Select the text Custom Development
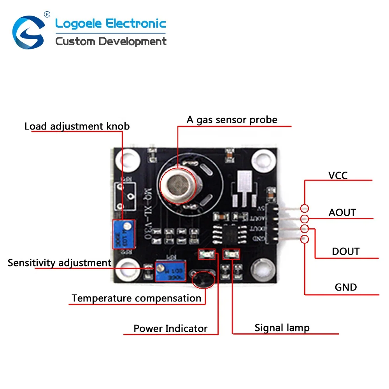point(111,41)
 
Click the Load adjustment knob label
point(77,126)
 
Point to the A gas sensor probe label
point(232,119)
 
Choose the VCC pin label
point(338,175)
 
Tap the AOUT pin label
point(342,212)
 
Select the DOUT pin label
point(345,251)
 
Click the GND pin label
point(345,287)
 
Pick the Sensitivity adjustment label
point(60,263)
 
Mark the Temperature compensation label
point(136,298)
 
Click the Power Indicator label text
point(170,328)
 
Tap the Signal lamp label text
point(282,328)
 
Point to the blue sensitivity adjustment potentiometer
point(165,271)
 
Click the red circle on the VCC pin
point(305,209)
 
